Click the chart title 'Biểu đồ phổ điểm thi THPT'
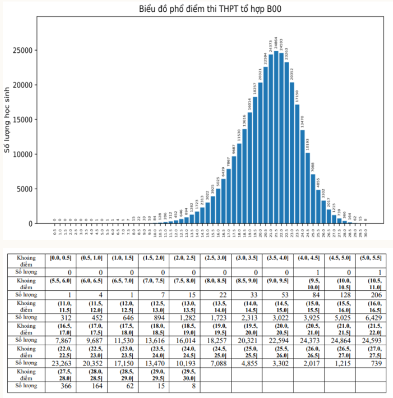[210, 9]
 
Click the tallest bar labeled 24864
[276, 137]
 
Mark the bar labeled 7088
[313, 199]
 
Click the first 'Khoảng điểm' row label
[25, 258]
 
